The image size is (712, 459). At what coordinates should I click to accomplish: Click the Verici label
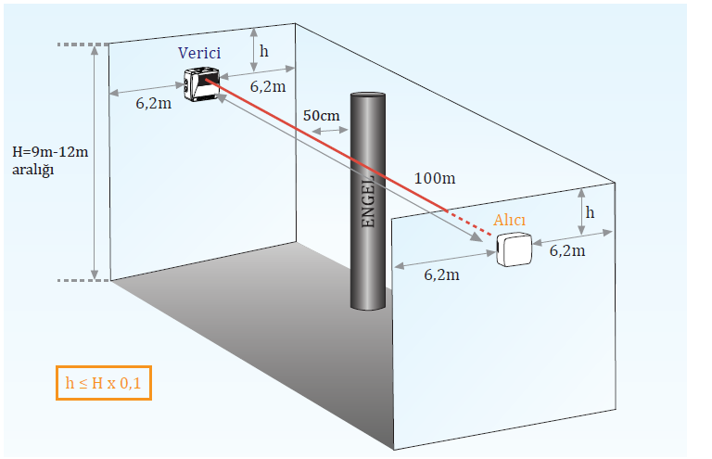(199, 54)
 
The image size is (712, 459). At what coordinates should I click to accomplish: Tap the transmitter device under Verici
(201, 85)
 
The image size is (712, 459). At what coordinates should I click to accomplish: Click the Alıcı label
(510, 220)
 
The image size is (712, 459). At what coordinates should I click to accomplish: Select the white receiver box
(514, 250)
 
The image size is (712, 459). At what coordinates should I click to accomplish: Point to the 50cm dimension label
(321, 115)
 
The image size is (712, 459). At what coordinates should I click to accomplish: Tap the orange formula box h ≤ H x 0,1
(103, 383)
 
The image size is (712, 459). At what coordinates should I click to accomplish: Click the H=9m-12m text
(51, 152)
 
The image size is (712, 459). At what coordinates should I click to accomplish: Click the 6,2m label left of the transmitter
(153, 104)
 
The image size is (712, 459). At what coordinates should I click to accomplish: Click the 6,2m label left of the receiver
(441, 276)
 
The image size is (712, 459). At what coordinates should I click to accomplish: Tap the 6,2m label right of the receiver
(566, 249)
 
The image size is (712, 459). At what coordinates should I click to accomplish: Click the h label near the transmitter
(264, 52)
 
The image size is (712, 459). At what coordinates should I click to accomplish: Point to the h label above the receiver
(591, 212)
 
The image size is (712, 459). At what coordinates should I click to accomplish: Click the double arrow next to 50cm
(329, 132)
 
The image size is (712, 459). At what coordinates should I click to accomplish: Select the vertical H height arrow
(95, 162)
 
